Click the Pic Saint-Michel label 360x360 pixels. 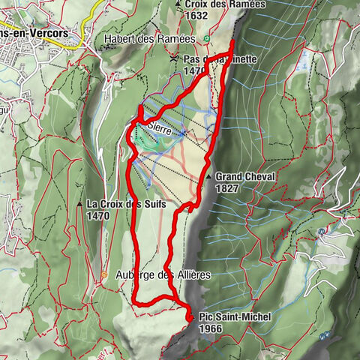[235, 318]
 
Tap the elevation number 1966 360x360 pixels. [212, 328]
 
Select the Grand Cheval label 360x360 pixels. [245, 176]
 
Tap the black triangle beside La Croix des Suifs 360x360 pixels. [79, 204]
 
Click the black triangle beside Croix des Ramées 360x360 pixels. [186, 4]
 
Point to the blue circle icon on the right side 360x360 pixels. [320, 232]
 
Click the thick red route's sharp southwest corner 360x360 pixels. [136, 301]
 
